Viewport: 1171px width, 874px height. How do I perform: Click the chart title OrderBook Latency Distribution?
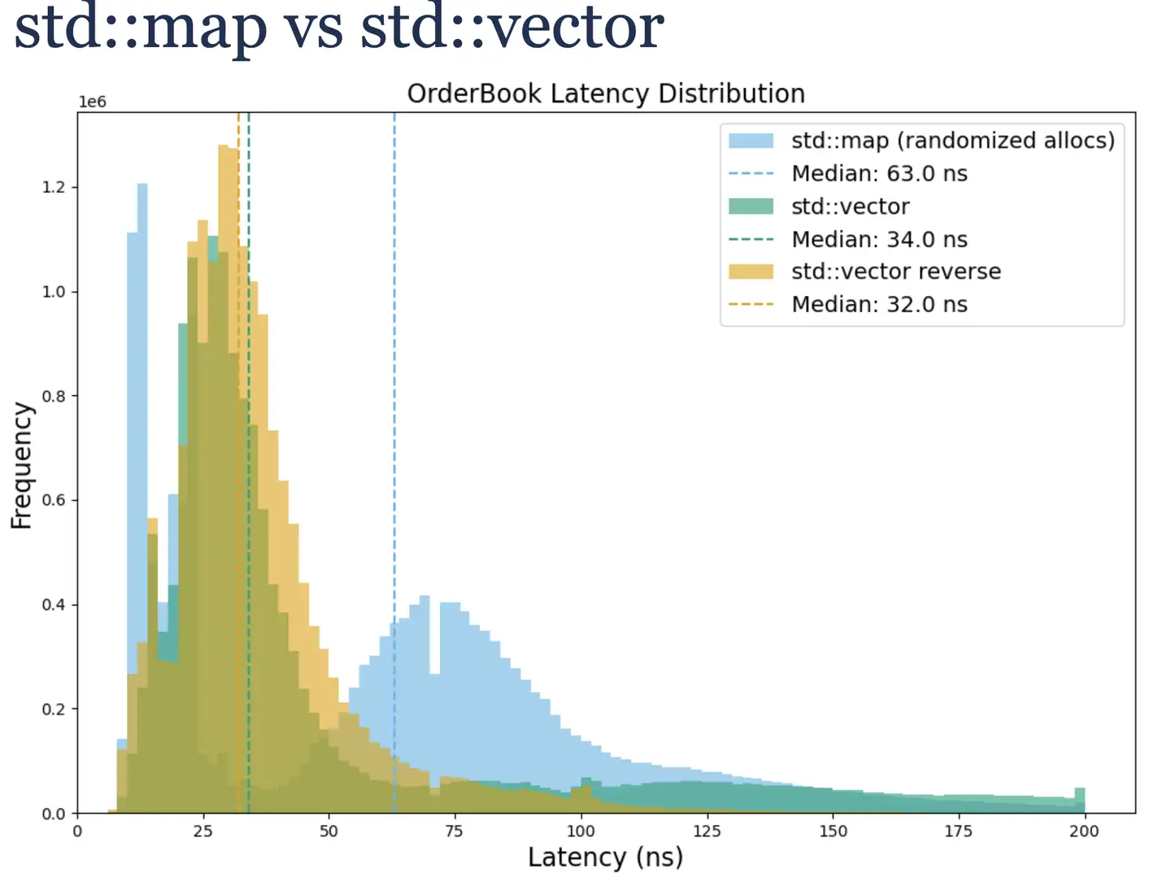pos(606,93)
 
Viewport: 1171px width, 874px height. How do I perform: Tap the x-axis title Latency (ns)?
pos(605,857)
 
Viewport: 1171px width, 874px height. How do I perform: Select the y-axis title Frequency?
pos(22,465)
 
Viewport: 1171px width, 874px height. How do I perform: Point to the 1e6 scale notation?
pos(92,102)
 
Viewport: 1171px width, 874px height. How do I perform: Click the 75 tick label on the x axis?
pos(454,831)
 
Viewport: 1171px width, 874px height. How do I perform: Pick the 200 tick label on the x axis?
pos(1084,831)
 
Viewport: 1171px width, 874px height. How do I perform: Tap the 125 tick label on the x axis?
pos(706,831)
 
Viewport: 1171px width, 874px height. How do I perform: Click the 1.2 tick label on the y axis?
pos(54,187)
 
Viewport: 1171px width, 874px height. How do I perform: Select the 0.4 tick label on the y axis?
pos(54,605)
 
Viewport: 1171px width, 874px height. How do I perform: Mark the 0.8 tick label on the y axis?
pos(54,396)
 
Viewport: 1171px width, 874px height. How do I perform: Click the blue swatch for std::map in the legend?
pos(751,141)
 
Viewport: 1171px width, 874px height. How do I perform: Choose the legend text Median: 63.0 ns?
pos(879,174)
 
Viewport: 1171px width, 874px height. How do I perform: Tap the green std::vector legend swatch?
pos(751,207)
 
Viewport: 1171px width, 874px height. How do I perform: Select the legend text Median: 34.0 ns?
pos(879,240)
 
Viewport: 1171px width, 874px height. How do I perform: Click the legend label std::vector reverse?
pos(896,272)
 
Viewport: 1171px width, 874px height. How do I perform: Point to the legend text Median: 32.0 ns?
pos(879,305)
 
